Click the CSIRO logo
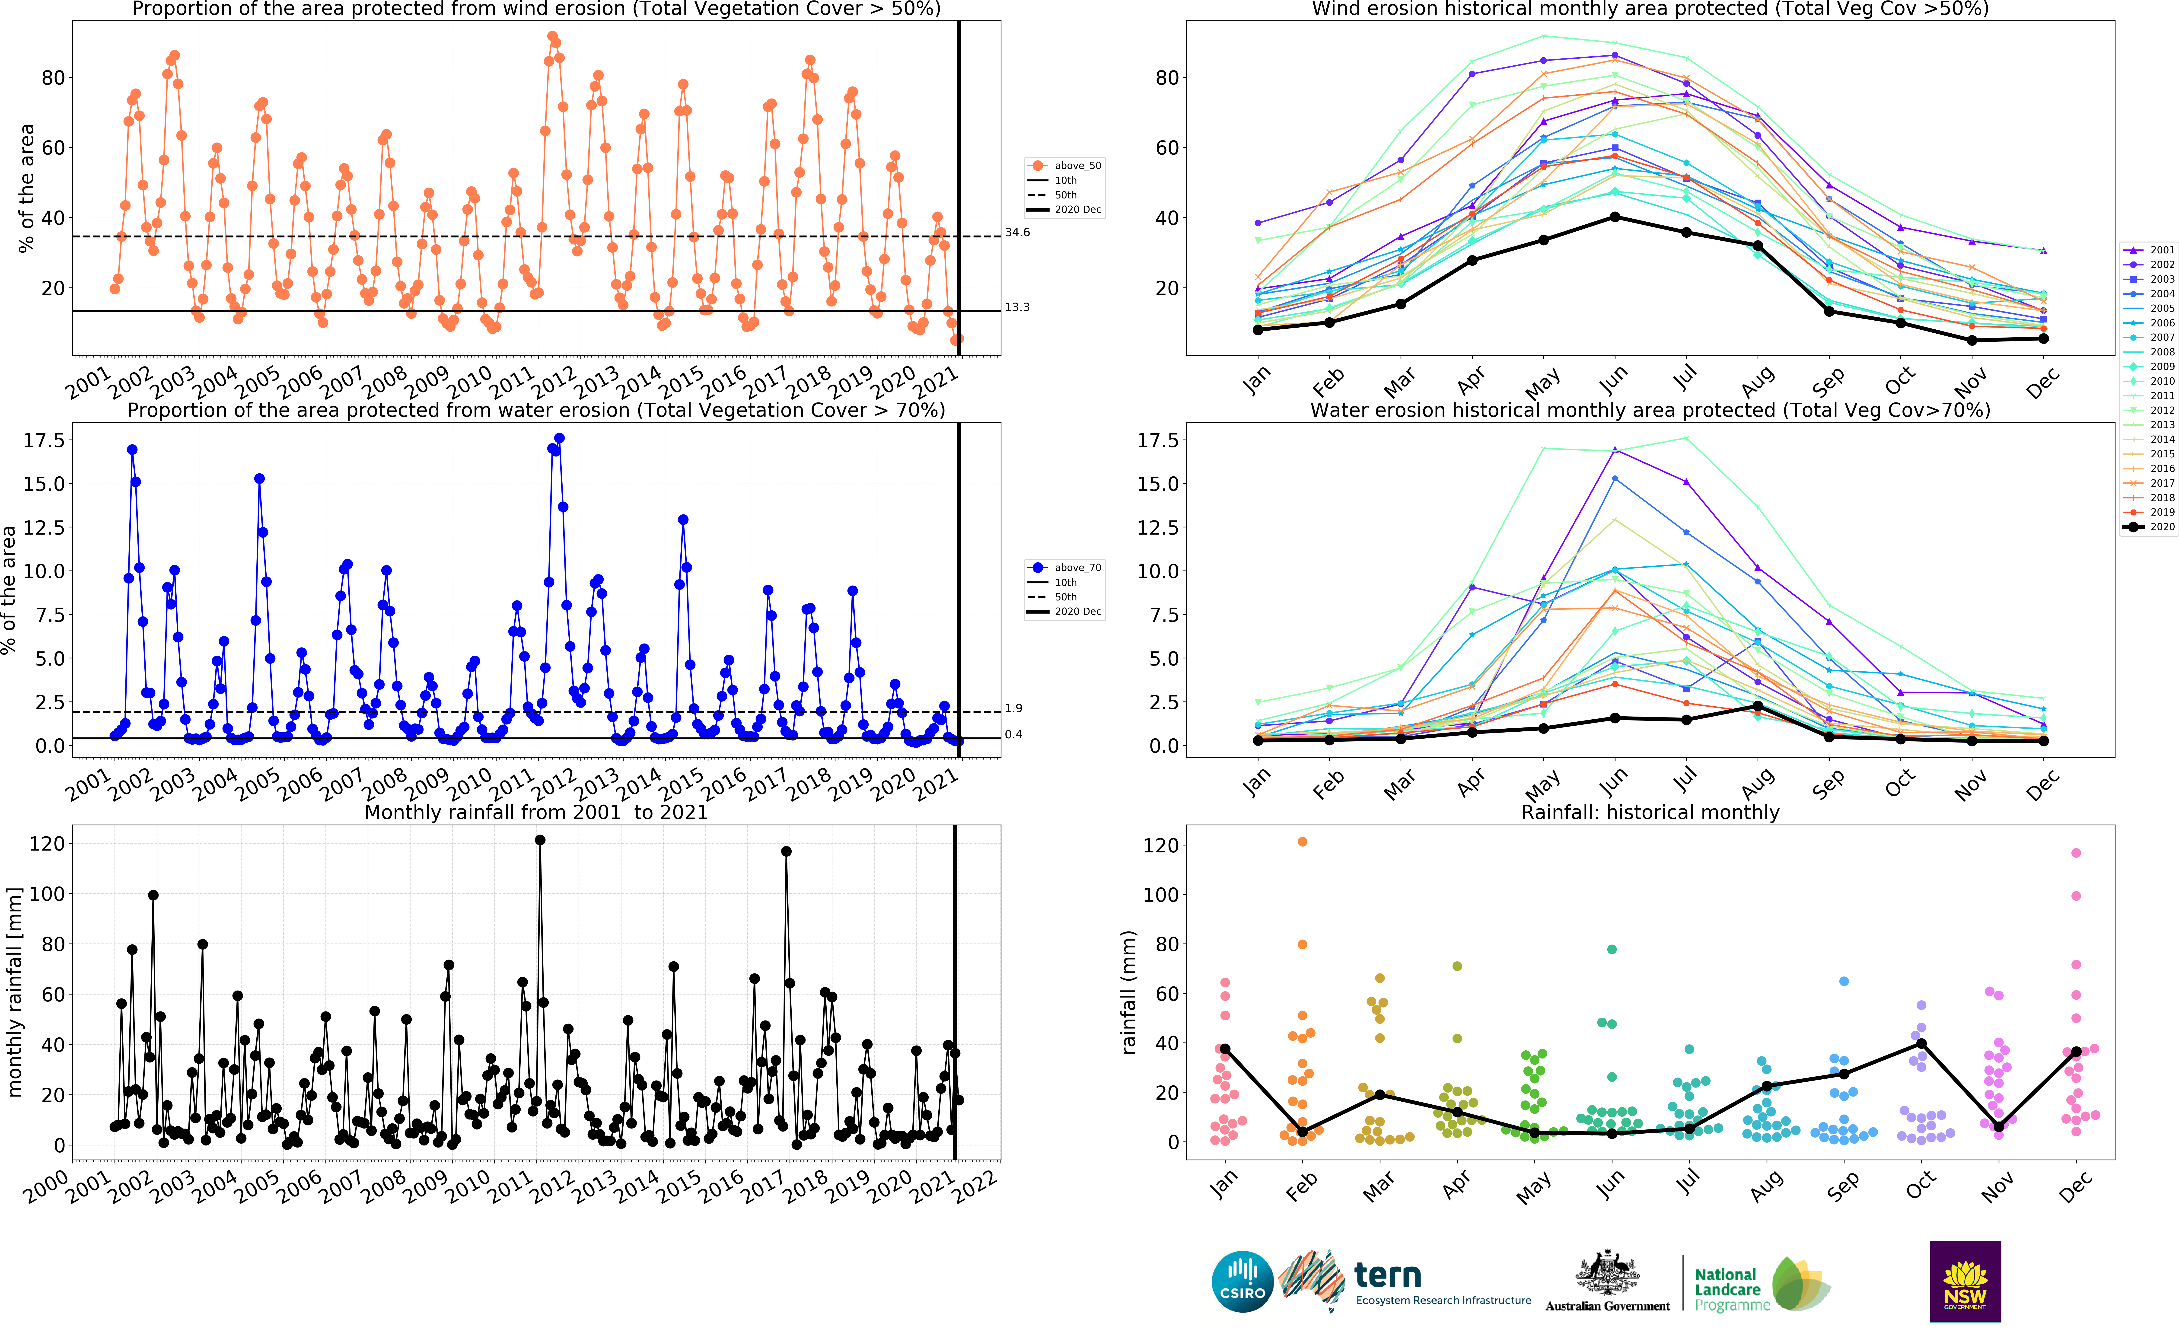point(1242,1282)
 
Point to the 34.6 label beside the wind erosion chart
point(1017,233)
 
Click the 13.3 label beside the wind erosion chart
point(1017,307)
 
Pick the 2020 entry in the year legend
point(2149,527)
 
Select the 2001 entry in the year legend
point(2149,251)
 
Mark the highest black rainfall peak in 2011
point(540,840)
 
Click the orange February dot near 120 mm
point(1303,842)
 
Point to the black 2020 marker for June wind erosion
point(1615,217)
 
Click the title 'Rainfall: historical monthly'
point(1650,812)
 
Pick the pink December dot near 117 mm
point(2076,853)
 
